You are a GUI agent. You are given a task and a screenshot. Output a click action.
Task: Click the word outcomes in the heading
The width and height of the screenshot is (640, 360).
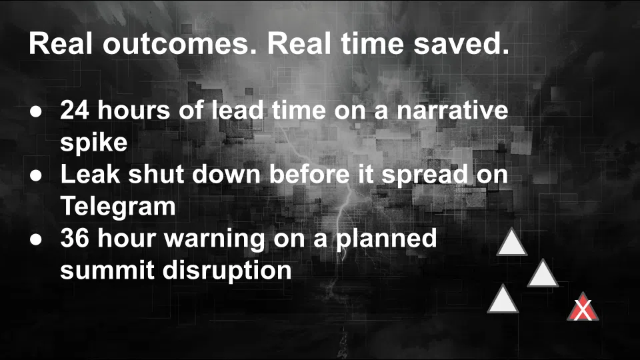tap(180, 44)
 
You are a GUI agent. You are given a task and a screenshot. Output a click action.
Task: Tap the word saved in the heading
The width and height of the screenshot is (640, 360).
tap(461, 44)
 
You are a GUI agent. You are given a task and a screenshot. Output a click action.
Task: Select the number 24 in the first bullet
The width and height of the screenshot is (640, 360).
tap(75, 110)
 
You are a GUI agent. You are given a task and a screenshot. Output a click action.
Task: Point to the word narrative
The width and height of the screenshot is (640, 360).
tap(453, 110)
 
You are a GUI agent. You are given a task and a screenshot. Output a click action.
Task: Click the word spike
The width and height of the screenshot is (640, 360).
tap(94, 143)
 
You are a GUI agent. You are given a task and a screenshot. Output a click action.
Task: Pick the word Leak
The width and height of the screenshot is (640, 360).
tap(90, 174)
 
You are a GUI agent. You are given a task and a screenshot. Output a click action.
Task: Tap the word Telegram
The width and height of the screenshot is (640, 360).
tap(118, 206)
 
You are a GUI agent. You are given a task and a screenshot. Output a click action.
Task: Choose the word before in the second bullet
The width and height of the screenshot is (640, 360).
tap(309, 174)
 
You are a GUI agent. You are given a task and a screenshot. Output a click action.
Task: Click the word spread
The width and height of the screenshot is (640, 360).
tap(425, 175)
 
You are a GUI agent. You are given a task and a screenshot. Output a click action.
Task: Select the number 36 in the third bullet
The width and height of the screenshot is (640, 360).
tap(75, 238)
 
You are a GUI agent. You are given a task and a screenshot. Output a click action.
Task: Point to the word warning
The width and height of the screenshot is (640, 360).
tap(214, 239)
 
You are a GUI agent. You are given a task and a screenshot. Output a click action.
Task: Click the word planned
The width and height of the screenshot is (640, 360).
tap(386, 239)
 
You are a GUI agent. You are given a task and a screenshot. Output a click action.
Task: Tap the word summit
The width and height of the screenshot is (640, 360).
tap(108, 270)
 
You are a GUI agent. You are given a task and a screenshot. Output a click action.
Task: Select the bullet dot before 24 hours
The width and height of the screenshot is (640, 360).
tap(36, 111)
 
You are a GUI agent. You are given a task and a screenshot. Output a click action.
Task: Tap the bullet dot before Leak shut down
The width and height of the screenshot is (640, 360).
tap(36, 175)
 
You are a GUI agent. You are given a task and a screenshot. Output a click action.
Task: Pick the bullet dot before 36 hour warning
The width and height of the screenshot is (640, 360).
tap(36, 239)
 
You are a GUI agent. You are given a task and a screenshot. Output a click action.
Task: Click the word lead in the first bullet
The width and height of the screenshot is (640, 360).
tap(237, 110)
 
